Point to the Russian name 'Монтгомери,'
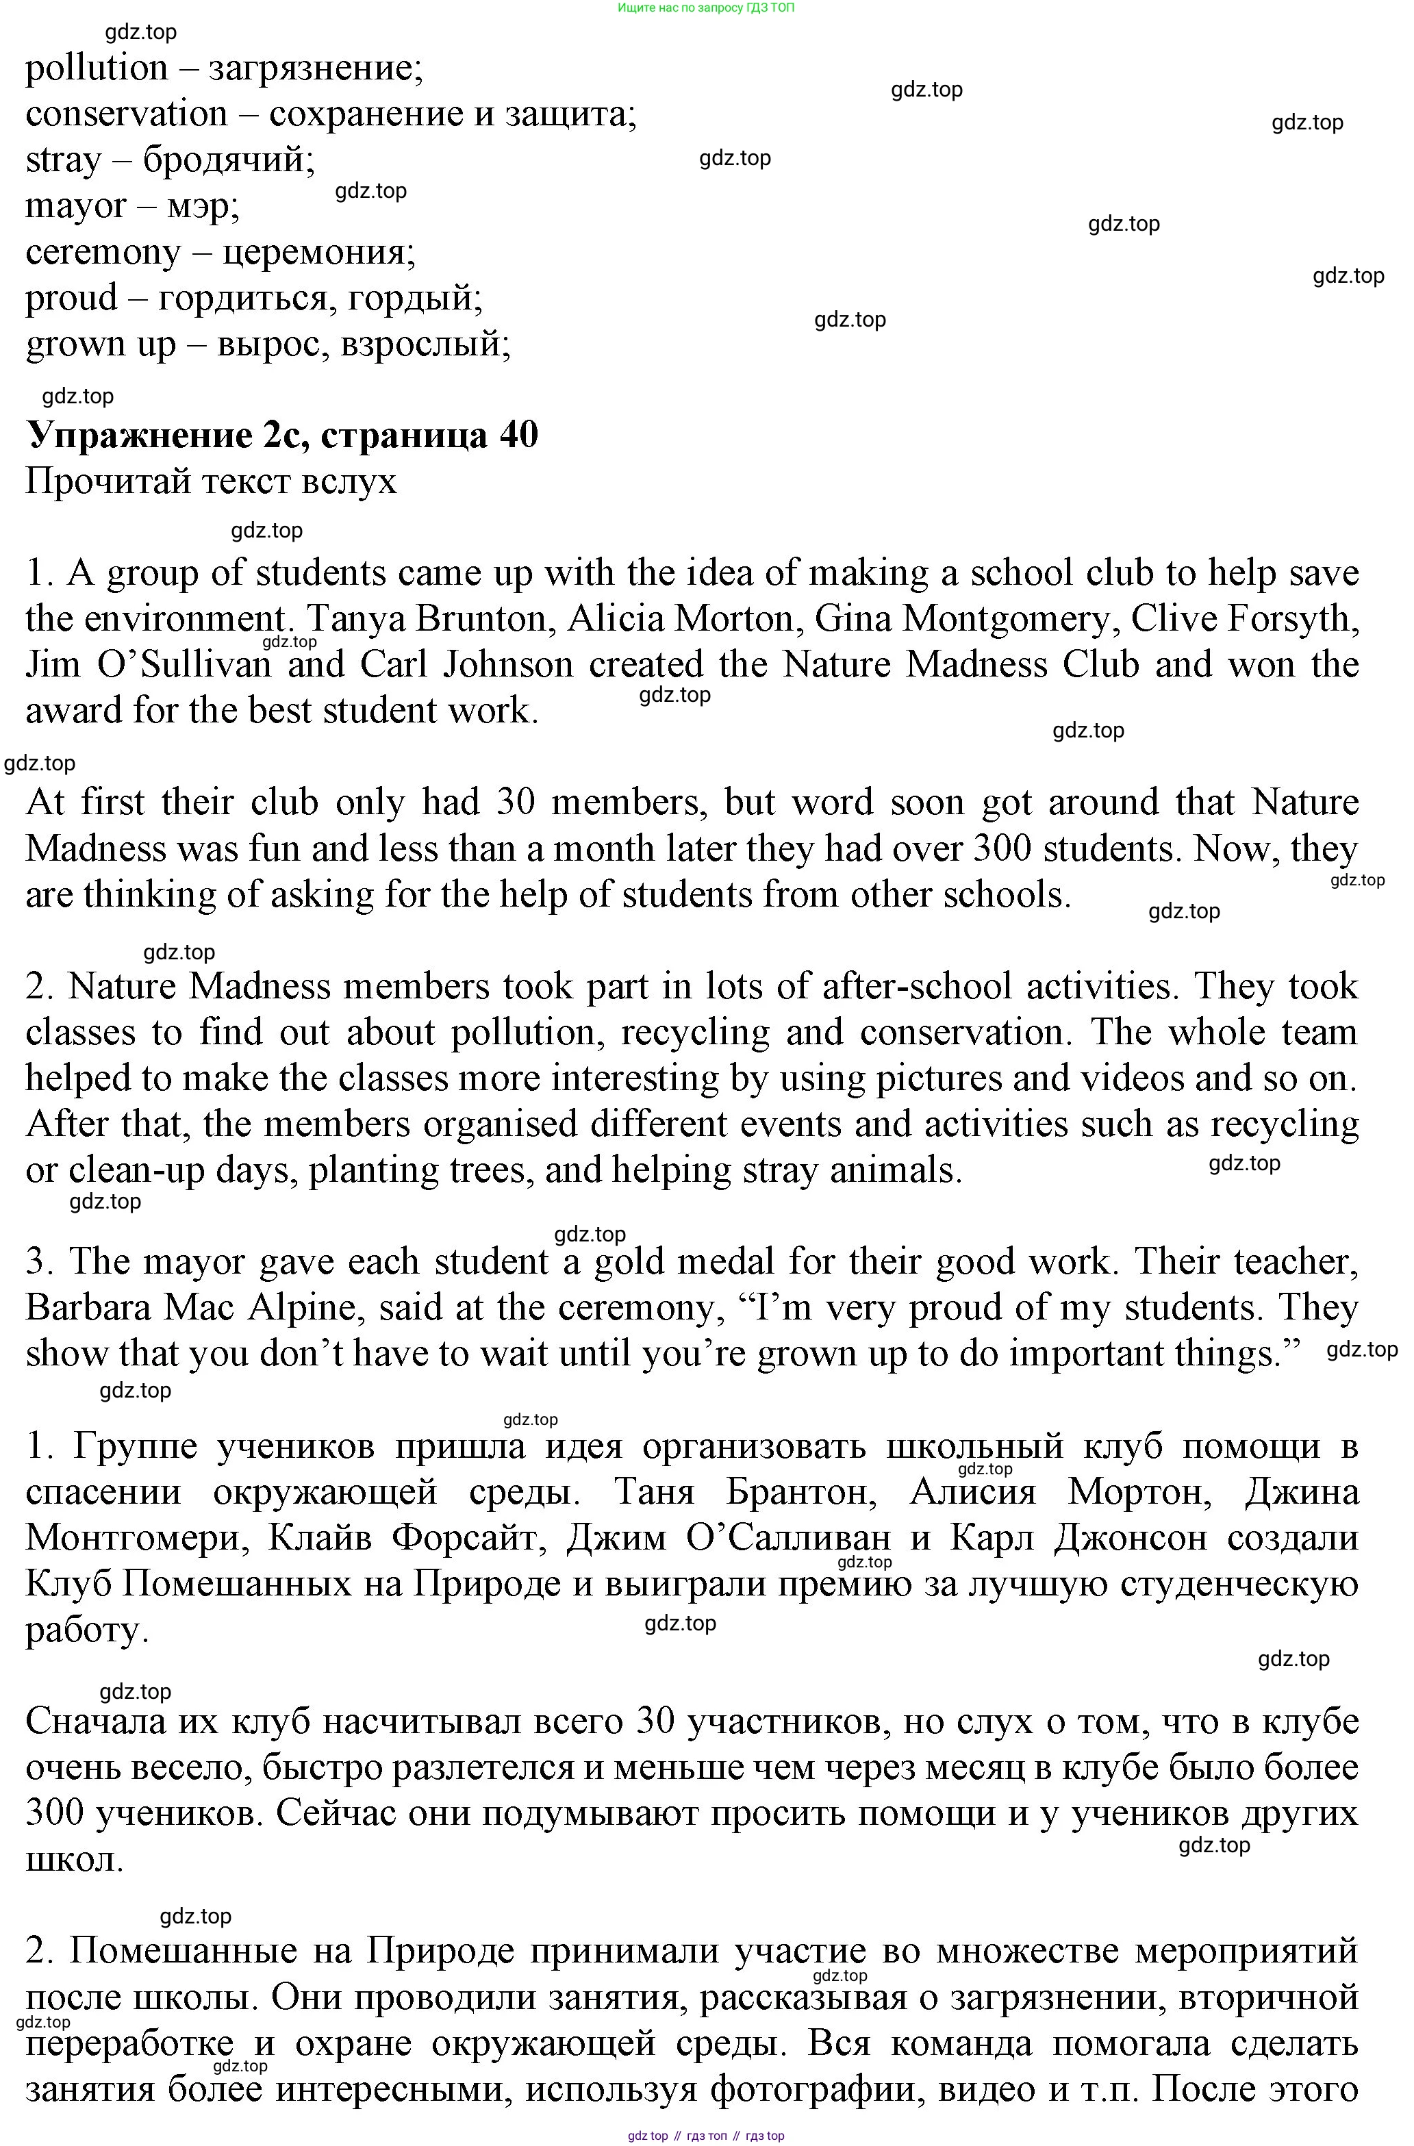[137, 1538]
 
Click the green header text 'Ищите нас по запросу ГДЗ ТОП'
[706, 8]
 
